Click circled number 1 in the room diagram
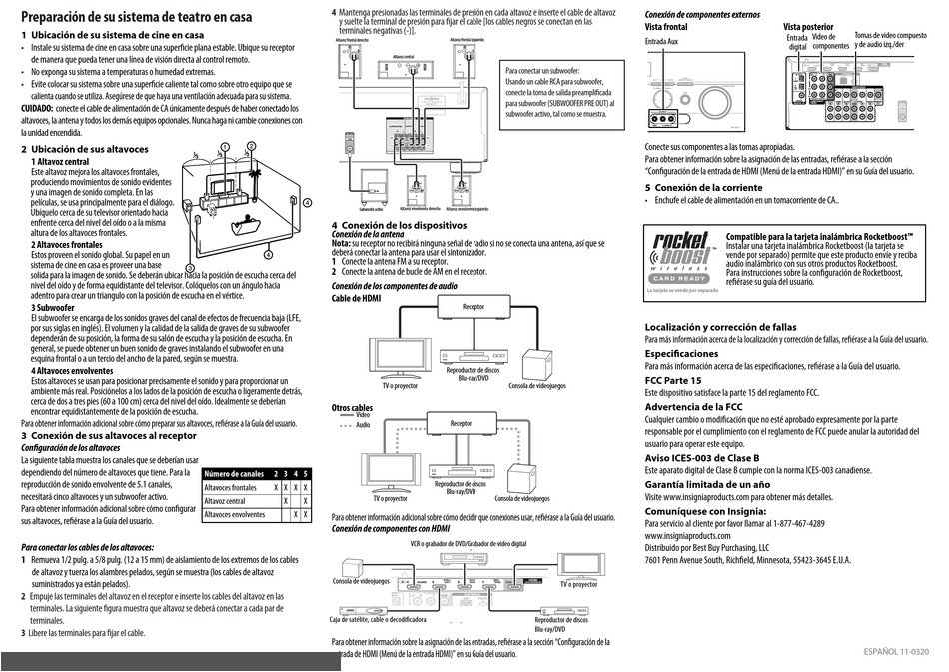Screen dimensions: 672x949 226,147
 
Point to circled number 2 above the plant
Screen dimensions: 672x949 251,147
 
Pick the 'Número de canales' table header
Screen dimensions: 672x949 236,473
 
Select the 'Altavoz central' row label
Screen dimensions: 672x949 225,501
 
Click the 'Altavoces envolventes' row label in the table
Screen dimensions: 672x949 236,515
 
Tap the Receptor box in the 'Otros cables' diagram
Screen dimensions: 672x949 461,424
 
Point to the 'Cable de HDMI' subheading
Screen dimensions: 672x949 356,298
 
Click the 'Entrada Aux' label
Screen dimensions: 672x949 662,43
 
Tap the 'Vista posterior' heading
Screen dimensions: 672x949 807,27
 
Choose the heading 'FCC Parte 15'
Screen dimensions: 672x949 673,381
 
